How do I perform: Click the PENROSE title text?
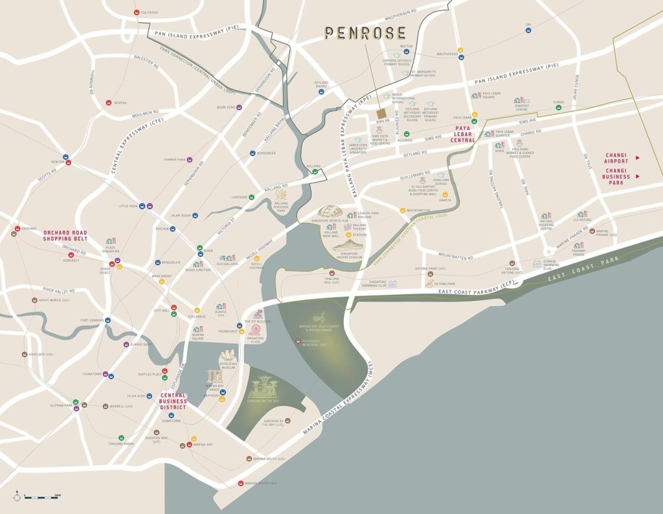[x=365, y=32]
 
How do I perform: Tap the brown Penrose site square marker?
[x=381, y=114]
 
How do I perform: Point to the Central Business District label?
[x=174, y=401]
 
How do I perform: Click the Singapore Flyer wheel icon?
[x=256, y=329]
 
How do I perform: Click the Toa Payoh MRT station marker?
[x=136, y=12]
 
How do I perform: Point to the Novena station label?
[x=120, y=102]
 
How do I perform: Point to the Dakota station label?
[x=445, y=200]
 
